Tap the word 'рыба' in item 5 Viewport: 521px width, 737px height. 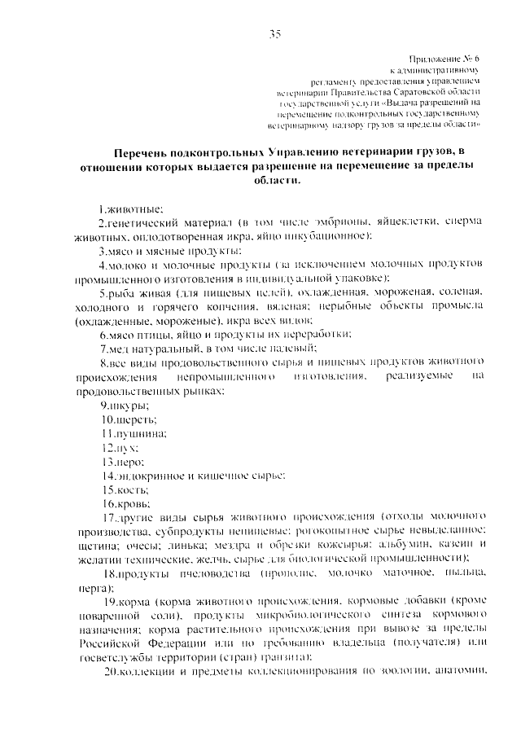point(120,292)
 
